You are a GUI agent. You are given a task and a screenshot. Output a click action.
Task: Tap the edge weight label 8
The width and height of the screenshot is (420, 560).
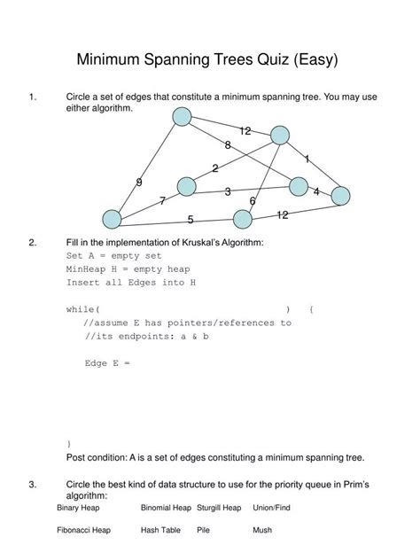228,145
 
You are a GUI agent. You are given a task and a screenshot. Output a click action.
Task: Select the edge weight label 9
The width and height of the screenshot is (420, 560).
139,183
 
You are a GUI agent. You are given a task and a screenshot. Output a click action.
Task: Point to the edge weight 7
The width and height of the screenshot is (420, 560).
162,201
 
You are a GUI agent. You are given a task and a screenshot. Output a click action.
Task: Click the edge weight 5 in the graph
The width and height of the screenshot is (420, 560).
191,220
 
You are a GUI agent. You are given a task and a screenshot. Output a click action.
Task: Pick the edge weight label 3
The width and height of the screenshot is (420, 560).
228,191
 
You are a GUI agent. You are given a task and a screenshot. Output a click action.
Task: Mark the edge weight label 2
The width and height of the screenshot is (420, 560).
215,168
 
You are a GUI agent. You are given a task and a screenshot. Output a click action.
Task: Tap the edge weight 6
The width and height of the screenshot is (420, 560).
253,201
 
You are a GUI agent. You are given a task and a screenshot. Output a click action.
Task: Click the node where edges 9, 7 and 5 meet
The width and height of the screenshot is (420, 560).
112,218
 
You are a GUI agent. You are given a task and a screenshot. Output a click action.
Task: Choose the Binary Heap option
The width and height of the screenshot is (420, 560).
79,508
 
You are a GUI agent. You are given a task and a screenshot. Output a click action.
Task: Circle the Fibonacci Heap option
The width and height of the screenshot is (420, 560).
83,530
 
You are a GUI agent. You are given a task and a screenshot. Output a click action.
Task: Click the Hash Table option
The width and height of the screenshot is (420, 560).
160,530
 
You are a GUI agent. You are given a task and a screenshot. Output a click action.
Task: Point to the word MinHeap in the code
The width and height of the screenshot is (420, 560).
84,268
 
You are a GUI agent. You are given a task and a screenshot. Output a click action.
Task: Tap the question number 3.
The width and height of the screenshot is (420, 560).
32,485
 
